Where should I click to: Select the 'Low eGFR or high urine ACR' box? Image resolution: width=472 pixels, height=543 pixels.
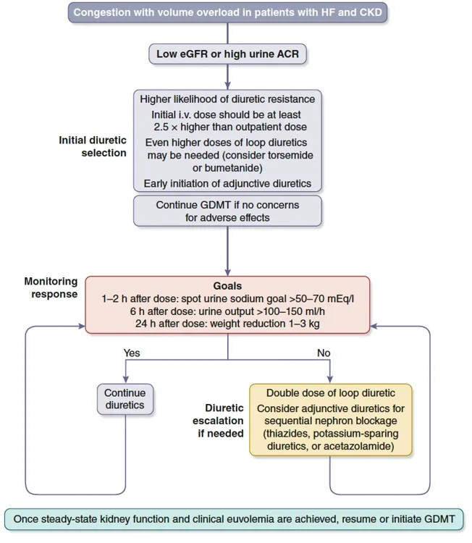(x=228, y=54)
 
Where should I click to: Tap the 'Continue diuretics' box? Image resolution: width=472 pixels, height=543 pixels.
(x=125, y=400)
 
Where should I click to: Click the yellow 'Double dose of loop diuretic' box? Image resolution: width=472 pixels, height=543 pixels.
(x=331, y=419)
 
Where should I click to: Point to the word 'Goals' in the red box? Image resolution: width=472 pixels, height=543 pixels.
(x=227, y=286)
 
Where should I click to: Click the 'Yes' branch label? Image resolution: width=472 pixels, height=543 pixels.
(x=132, y=354)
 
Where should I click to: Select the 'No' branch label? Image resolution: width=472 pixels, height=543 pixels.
(x=324, y=354)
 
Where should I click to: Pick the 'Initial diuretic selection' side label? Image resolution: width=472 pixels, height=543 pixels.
(x=93, y=146)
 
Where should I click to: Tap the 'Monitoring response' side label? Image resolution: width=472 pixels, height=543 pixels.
(x=51, y=288)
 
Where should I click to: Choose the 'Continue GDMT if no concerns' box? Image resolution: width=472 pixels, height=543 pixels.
(x=227, y=211)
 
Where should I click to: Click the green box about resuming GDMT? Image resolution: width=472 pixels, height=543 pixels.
(x=235, y=519)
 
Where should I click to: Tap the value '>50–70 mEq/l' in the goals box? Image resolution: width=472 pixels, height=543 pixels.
(x=320, y=299)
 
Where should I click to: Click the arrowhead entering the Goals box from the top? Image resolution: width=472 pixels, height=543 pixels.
(x=228, y=271)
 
